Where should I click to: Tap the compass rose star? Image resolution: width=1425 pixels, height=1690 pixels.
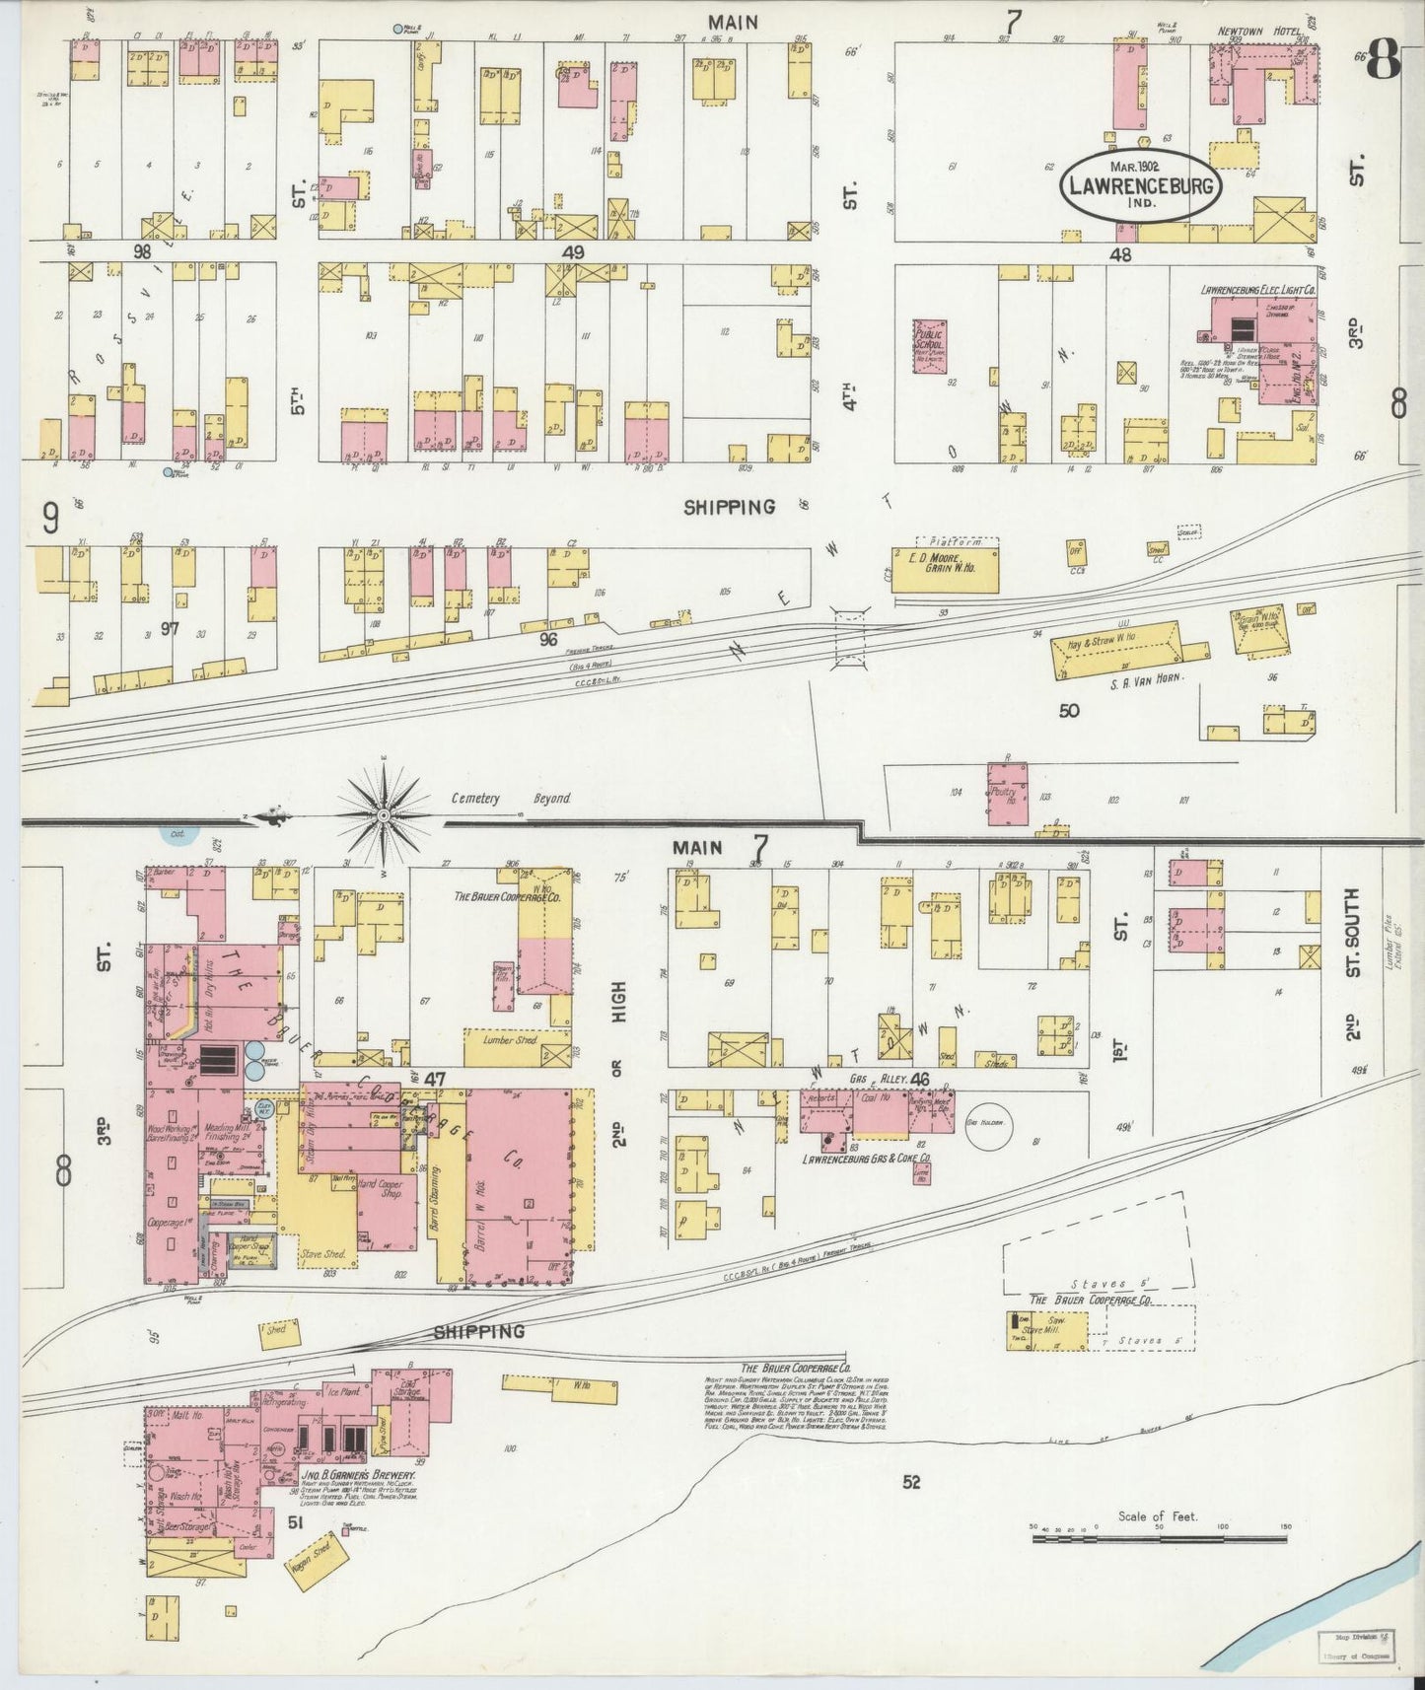(384, 815)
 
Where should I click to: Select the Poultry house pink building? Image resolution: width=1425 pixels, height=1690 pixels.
(1007, 792)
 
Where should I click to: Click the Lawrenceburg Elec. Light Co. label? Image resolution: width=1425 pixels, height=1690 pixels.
(1257, 290)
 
